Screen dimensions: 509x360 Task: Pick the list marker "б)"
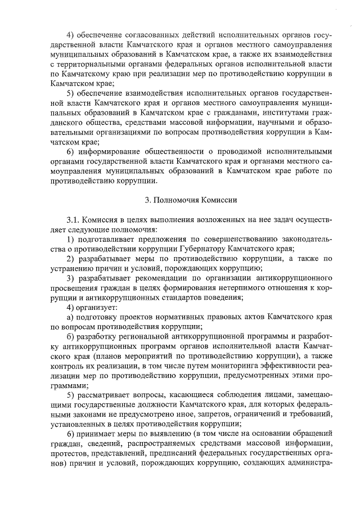pos(71,336)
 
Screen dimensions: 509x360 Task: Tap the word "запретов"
pos(219,415)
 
